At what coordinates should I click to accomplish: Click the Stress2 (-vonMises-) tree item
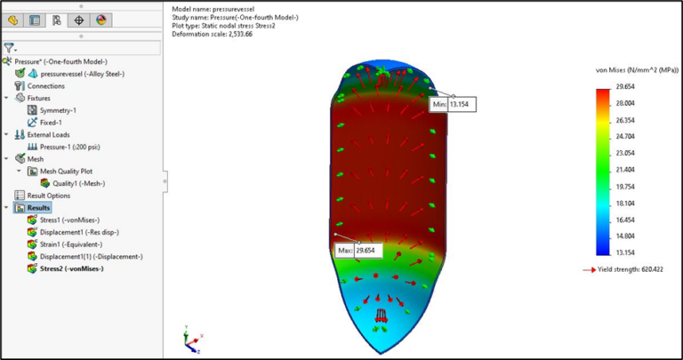72,268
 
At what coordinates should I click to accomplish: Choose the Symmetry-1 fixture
58,110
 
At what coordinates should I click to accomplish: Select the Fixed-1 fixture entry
52,122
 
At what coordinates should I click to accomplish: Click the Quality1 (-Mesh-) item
78,183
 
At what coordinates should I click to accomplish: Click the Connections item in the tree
46,86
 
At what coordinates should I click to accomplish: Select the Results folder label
41,207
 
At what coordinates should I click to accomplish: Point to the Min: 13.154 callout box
450,104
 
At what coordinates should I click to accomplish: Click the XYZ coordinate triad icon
189,339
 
